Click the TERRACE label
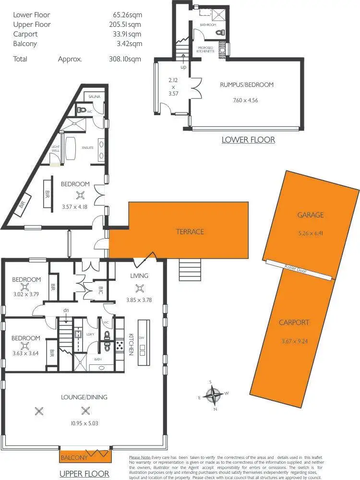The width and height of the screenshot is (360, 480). [x=190, y=232]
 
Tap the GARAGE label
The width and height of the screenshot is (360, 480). [x=310, y=215]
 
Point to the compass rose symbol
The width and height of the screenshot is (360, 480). [x=212, y=396]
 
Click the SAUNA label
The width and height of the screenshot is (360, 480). [x=94, y=96]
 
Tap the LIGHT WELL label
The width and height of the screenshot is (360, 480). [x=55, y=149]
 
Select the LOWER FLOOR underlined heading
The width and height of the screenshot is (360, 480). [x=248, y=140]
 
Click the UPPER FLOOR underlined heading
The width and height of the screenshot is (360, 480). [x=84, y=474]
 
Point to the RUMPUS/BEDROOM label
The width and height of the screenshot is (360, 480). [x=247, y=85]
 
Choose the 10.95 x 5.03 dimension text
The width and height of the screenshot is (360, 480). [x=84, y=423]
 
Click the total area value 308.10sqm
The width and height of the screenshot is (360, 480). [x=125, y=60]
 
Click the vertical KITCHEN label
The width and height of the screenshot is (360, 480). [x=131, y=344]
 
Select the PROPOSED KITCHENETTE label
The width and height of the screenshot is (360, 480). [x=206, y=49]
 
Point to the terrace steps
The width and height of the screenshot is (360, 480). [x=186, y=266]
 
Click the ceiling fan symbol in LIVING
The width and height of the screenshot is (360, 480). [x=140, y=288]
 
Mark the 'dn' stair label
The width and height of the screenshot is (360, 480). [x=66, y=311]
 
